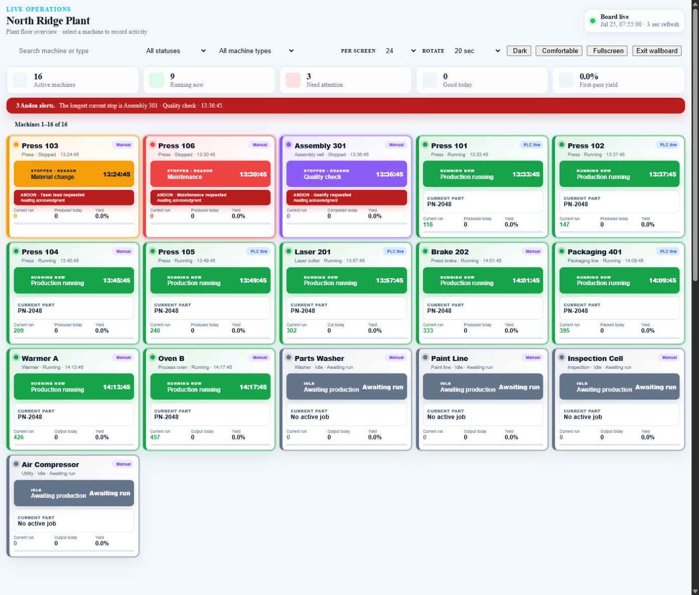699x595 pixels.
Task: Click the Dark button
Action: coord(519,51)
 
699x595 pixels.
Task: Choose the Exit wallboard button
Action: coord(657,51)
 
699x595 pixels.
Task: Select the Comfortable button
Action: coord(559,51)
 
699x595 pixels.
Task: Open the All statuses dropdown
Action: coord(176,51)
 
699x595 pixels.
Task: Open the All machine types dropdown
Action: coord(256,51)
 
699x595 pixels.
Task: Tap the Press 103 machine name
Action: coord(40,146)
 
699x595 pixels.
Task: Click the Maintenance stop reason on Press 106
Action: coord(185,177)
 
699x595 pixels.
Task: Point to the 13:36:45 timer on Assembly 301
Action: coord(389,174)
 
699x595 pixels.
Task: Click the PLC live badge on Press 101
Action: coord(531,145)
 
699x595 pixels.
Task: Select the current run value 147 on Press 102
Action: coord(565,225)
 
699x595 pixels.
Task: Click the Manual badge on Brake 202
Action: coord(532,251)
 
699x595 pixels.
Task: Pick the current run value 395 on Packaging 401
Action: coord(565,330)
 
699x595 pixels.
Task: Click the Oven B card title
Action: coord(171,358)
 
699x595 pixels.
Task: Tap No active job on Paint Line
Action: coord(446,417)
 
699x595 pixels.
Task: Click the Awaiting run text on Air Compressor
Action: coord(109,493)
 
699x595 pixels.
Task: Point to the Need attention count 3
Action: coord(309,76)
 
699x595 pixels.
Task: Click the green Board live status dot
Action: coord(593,21)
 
